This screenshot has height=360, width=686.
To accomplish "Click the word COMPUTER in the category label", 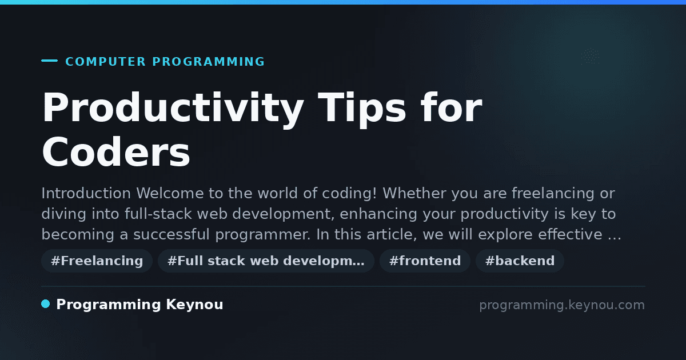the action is (105, 62).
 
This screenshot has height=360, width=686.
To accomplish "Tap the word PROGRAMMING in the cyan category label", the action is (208, 62).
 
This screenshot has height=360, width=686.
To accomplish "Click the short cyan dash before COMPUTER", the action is (49, 61).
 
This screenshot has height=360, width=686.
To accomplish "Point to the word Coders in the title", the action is (116, 152).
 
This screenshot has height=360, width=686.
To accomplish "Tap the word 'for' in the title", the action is (451, 107).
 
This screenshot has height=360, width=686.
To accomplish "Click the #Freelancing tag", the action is (97, 261).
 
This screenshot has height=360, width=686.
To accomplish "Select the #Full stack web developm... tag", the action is (266, 261).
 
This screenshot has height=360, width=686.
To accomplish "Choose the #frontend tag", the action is (425, 261).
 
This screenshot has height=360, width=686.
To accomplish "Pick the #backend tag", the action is (520, 261).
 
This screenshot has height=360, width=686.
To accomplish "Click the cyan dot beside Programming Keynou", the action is (45, 304).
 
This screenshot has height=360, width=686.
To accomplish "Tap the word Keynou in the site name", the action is (194, 305).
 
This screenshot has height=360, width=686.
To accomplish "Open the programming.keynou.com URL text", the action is (562, 305).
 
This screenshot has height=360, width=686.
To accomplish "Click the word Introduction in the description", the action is (86, 193).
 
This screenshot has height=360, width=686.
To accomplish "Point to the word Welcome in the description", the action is (170, 193).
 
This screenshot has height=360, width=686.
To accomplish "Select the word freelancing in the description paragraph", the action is (553, 193).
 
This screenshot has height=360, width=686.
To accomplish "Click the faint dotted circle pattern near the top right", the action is (590, 57).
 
